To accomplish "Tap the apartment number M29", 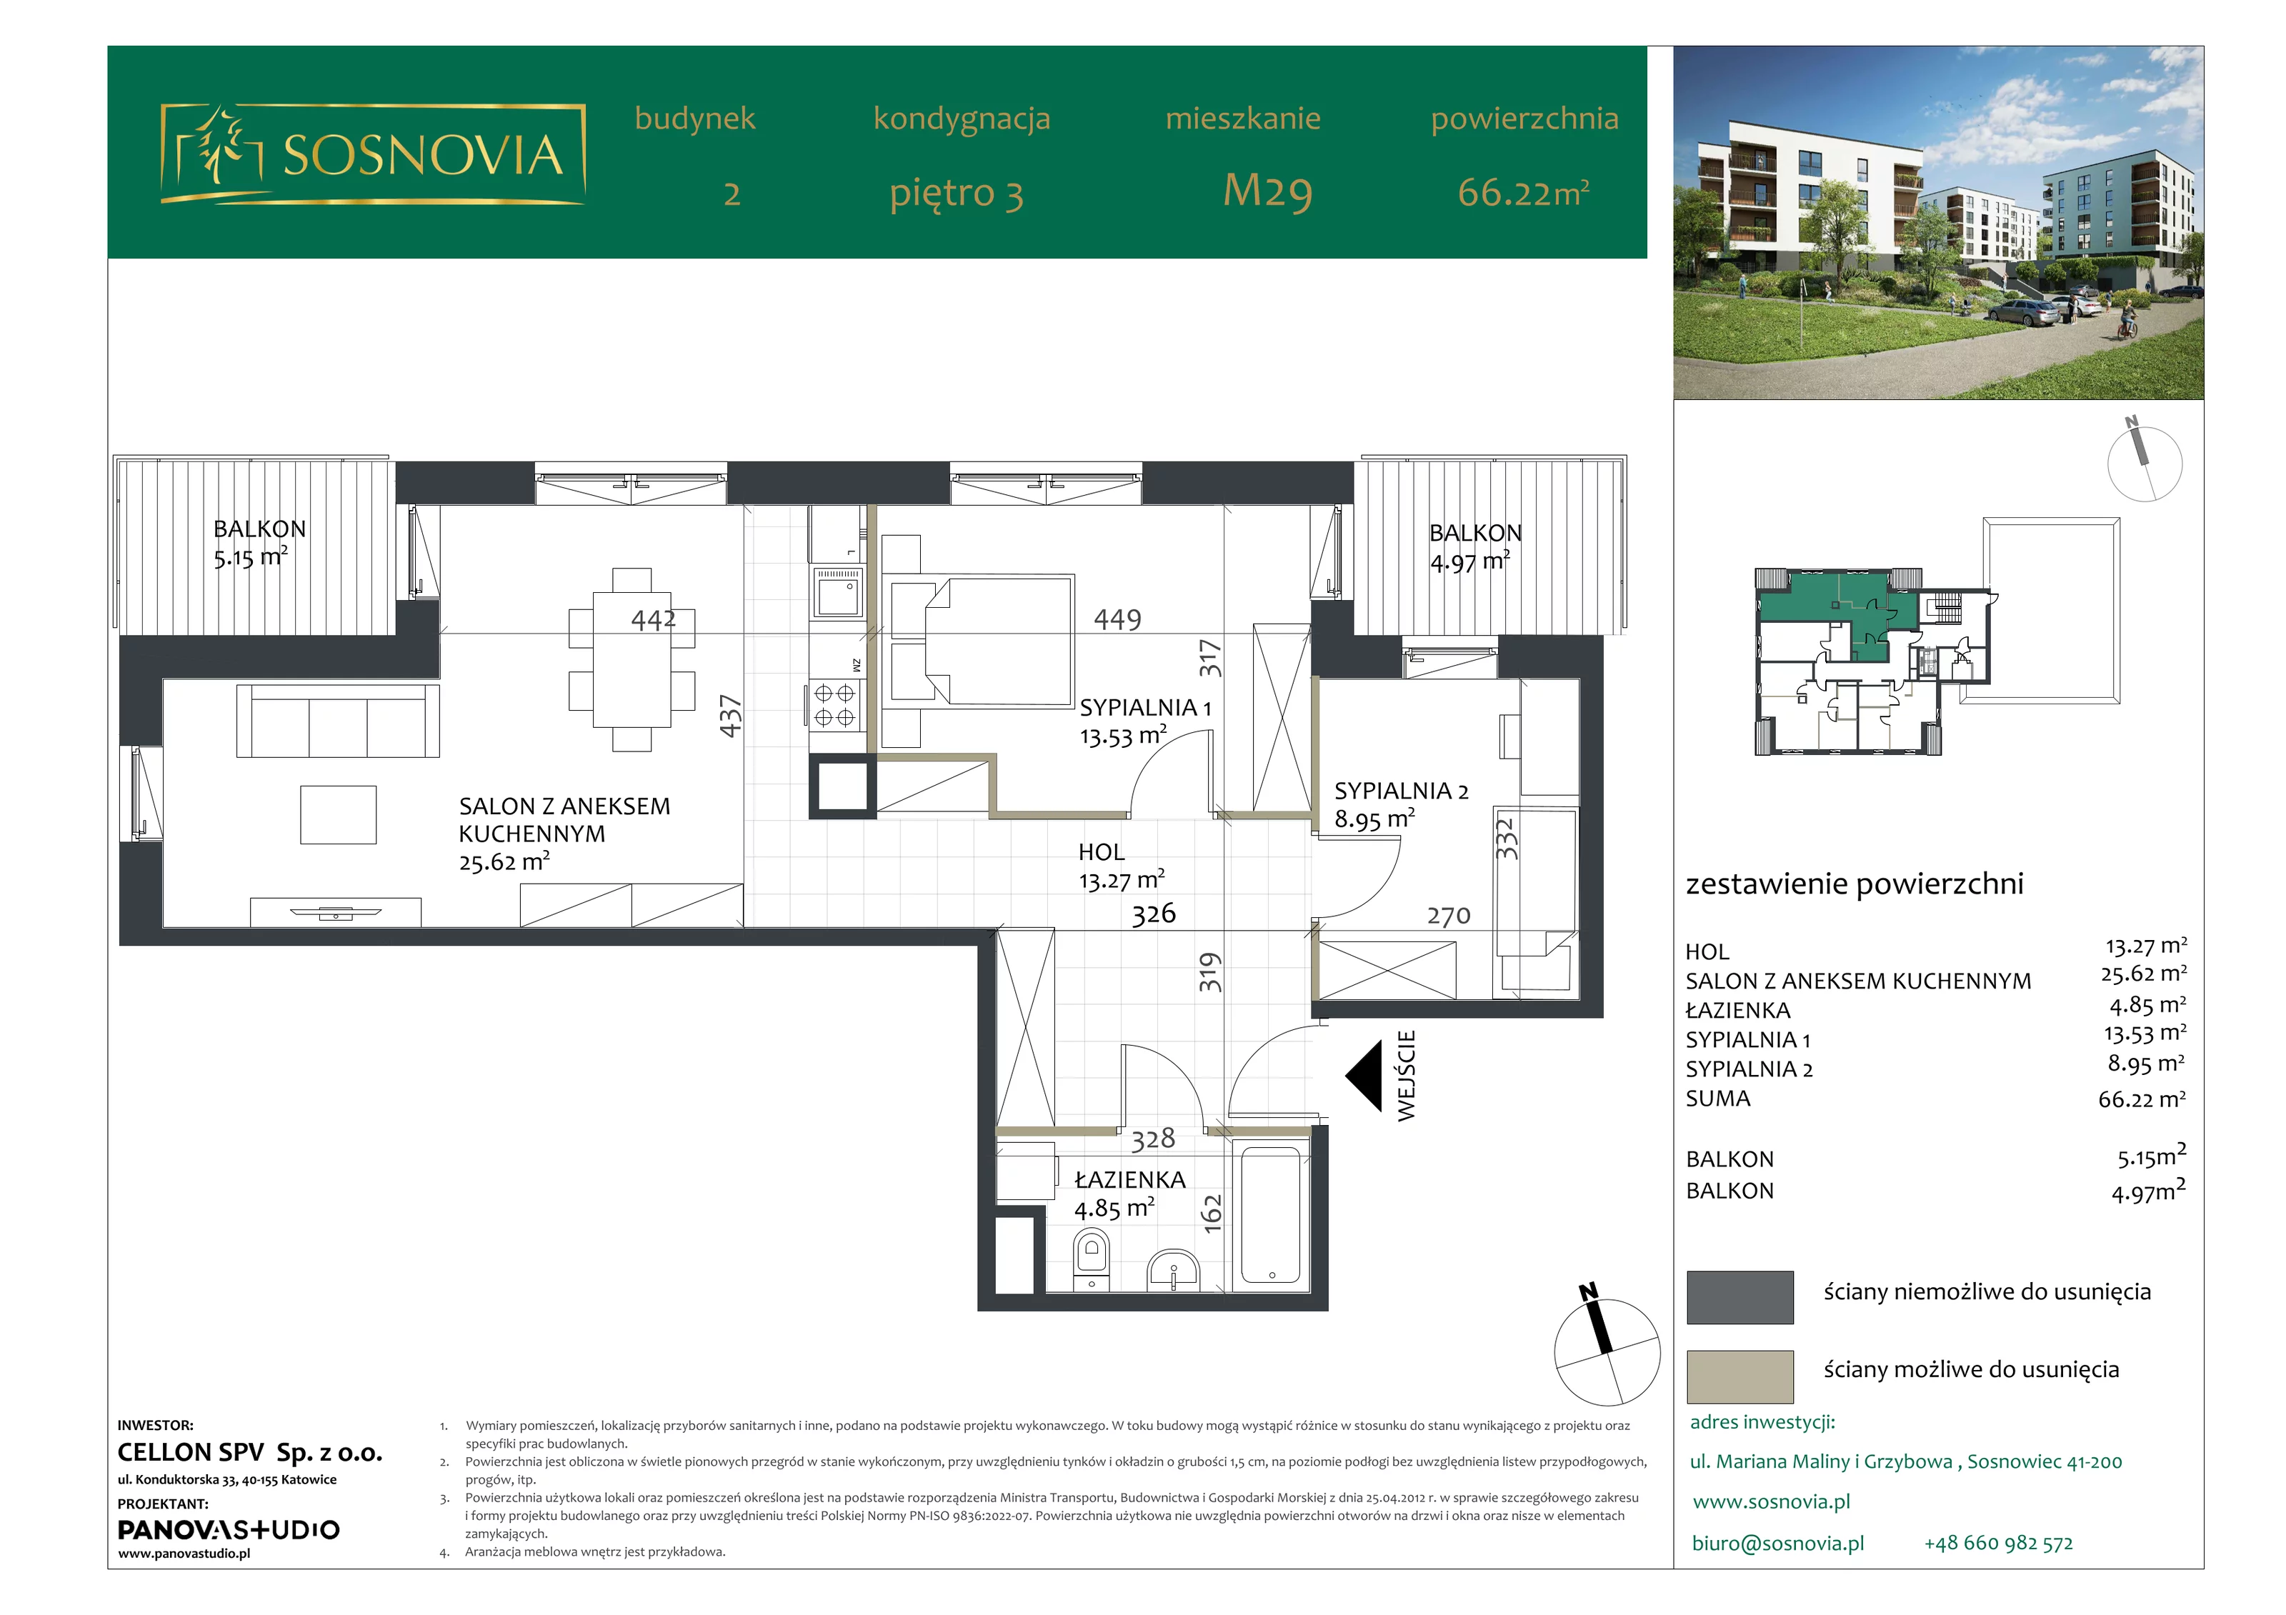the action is point(1267,191).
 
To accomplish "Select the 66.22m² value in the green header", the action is point(1523,192).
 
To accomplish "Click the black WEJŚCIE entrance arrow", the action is point(1364,1076).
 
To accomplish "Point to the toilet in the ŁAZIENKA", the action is point(1092,1259).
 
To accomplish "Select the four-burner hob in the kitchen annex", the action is point(834,704).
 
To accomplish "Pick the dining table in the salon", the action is point(632,659).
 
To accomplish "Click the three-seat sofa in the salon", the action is point(337,721).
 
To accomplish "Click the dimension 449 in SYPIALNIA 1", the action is point(1117,619).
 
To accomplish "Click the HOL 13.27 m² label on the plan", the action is point(1121,866).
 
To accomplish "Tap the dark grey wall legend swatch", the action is point(1740,1296).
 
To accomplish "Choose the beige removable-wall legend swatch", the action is point(1740,1376).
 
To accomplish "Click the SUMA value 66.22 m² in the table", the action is point(2142,1099).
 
